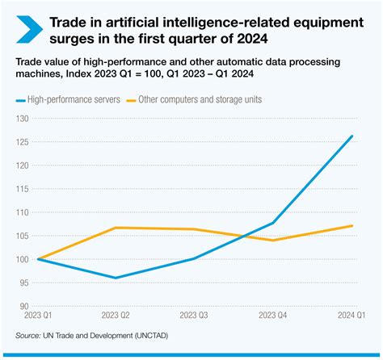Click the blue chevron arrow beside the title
26,29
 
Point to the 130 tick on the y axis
22,119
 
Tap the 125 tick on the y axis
22,142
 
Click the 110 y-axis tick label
22,212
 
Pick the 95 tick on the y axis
22,283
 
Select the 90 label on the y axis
22,306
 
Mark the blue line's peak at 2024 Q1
352,136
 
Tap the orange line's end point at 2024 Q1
352,226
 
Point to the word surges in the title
72,37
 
